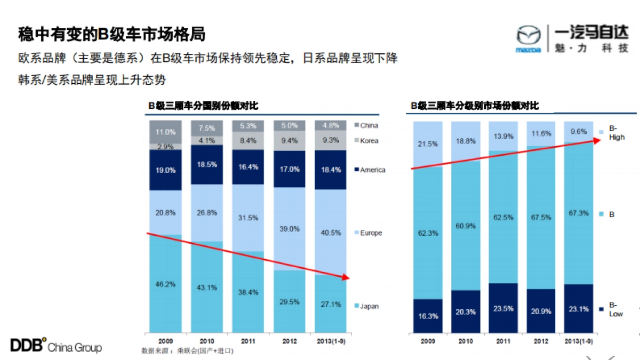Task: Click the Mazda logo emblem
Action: [528, 37]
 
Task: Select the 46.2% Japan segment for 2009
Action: [165, 284]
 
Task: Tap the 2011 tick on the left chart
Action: [248, 340]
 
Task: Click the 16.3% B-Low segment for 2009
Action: [428, 316]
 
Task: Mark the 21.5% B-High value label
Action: [428, 145]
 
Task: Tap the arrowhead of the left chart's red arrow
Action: [346, 277]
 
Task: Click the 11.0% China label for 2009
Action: [165, 132]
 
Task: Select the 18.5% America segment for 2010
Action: [207, 164]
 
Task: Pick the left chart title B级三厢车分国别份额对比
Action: [203, 106]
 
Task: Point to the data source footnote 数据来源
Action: [187, 351]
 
